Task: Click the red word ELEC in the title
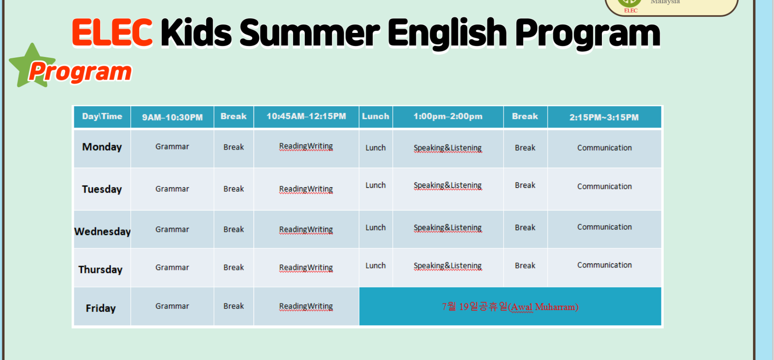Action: pos(112,32)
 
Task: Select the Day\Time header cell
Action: pos(102,117)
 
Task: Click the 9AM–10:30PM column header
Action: pos(172,117)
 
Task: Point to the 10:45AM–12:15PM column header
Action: pos(306,117)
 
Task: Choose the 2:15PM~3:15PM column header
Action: pos(604,117)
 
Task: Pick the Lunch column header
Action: pos(375,117)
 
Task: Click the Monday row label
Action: pos(102,147)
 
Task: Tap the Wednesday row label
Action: pos(102,231)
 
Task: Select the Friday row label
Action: pos(101,308)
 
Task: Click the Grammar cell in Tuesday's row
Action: pos(172,189)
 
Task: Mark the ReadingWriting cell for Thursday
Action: pos(306,267)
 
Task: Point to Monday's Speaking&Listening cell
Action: pos(447,148)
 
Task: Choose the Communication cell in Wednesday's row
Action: pos(605,227)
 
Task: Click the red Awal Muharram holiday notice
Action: pos(510,307)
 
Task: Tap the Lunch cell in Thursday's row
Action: pos(375,266)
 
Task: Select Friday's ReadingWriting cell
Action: pos(306,306)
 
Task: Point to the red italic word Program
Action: pos(81,72)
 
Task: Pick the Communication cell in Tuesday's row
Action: pos(605,186)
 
